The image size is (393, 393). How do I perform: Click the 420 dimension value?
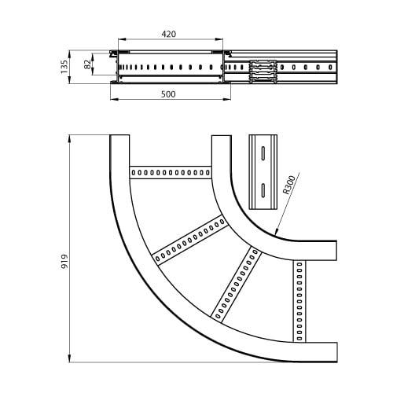pos(169,34)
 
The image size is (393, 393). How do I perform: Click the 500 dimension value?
pos(168,94)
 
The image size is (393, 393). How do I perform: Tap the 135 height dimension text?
pos(64,67)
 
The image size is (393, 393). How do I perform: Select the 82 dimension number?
pos(87,64)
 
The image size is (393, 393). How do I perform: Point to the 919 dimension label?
pos(64,261)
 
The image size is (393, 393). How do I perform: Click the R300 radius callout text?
pos(289,185)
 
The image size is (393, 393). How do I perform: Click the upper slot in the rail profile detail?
pos(263,152)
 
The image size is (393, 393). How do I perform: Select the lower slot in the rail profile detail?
pos(263,189)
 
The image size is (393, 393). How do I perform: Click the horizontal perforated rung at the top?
pos(171,172)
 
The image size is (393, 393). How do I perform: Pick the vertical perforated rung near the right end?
pos(299,301)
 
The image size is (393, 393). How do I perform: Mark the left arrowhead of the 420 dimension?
pos(122,39)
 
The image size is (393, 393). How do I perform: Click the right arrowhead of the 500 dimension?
pos(227,99)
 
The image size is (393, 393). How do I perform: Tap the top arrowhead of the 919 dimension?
pos(69,138)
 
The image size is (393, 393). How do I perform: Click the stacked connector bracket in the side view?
pos(263,72)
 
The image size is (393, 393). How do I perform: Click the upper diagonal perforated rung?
pos(190,240)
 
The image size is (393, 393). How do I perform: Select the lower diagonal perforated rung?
pos(236,285)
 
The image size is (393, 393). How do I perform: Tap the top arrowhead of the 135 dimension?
pos(69,54)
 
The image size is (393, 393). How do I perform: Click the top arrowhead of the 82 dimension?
pos(93,57)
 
